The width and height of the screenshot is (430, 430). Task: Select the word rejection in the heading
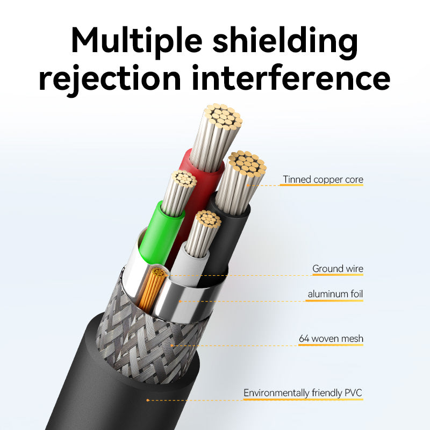pyautogui.click(x=110, y=78)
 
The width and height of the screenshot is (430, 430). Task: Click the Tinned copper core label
pyautogui.click(x=322, y=180)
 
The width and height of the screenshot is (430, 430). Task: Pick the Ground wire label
pyautogui.click(x=338, y=268)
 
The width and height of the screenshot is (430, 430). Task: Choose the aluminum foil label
pyautogui.click(x=335, y=294)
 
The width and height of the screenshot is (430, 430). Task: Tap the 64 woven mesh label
pyautogui.click(x=331, y=339)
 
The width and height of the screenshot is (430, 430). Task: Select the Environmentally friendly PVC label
pyautogui.click(x=303, y=393)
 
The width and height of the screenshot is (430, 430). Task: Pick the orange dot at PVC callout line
pyautogui.click(x=148, y=400)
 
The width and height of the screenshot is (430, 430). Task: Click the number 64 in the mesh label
pyautogui.click(x=304, y=339)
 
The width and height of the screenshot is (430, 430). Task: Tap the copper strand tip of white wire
pyautogui.click(x=207, y=219)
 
